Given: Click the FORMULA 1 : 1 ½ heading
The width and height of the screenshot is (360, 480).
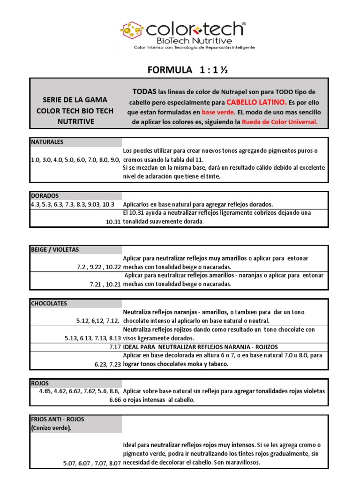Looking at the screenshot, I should [x=187, y=70].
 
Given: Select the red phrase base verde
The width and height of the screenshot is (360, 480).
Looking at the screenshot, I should [x=217, y=112].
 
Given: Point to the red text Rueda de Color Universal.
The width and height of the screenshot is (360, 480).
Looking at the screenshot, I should [x=280, y=122].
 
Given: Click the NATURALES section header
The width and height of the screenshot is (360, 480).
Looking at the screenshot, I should [x=47, y=142].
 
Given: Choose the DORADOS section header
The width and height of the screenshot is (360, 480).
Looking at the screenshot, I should [x=45, y=195].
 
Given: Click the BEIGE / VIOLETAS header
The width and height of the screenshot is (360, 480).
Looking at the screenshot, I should [x=54, y=249].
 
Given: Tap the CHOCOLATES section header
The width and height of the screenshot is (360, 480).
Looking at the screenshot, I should [x=49, y=303].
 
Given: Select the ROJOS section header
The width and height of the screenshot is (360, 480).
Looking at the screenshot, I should [x=40, y=383].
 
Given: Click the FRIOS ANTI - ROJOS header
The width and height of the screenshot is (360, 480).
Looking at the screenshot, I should [x=58, y=419].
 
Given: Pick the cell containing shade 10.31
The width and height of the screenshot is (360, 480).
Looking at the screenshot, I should [x=113, y=222].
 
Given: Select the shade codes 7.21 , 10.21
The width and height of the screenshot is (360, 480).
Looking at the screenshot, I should [x=105, y=284].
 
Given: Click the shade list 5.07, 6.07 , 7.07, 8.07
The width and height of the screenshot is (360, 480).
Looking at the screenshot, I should [x=92, y=463].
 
